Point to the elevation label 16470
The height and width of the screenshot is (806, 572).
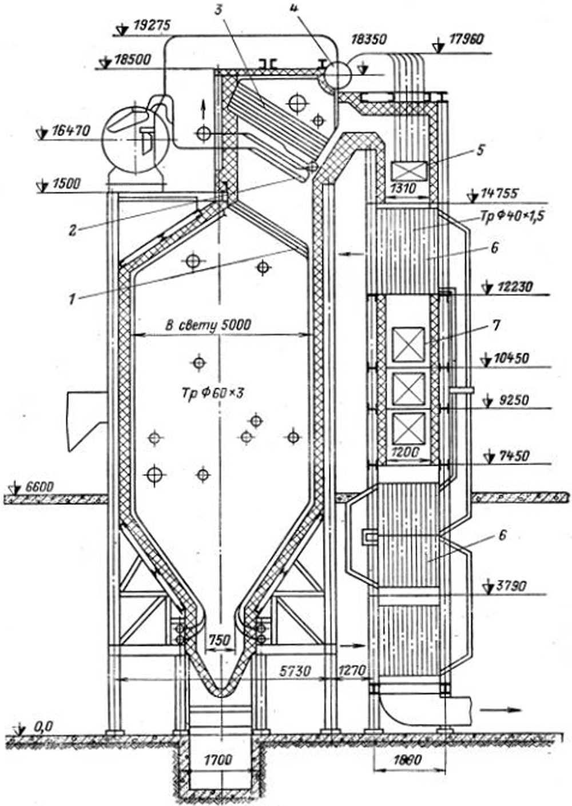click(x=71, y=131)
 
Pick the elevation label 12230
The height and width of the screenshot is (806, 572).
click(x=511, y=286)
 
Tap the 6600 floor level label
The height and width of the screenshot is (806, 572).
click(x=39, y=487)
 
